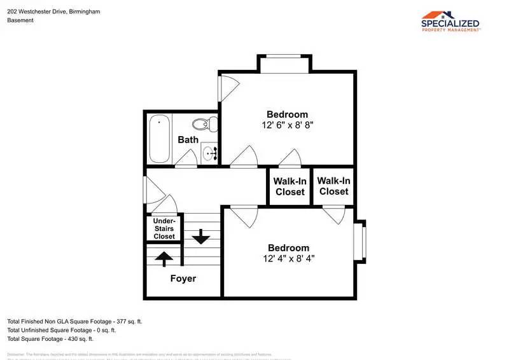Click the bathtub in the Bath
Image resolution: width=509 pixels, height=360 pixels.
(159, 139)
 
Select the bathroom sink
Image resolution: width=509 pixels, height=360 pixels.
(210, 153)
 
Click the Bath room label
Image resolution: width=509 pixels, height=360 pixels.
(188, 139)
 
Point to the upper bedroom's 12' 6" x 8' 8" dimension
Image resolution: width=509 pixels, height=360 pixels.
(287, 126)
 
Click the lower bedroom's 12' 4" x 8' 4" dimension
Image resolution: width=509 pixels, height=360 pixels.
(288, 259)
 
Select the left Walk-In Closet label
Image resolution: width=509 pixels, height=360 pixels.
(289, 186)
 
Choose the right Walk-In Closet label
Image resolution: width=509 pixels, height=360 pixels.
(333, 186)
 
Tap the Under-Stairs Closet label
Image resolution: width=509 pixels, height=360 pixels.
(164, 228)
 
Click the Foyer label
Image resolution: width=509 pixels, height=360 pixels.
(183, 279)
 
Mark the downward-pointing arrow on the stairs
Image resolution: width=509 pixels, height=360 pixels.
(201, 237)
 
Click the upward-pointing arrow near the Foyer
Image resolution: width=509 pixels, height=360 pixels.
(164, 258)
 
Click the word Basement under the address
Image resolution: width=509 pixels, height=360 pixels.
(20, 20)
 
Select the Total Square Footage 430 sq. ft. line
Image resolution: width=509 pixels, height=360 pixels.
(50, 339)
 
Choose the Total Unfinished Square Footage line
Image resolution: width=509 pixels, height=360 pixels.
(61, 330)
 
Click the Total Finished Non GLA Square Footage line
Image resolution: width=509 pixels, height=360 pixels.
(74, 321)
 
